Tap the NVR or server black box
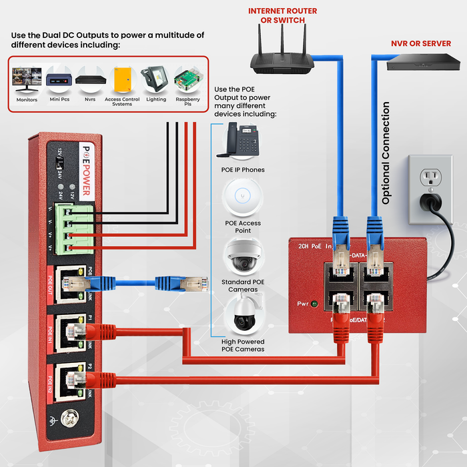click(424, 63)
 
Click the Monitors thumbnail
click(27, 79)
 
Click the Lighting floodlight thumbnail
click(156, 79)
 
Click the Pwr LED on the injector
click(314, 304)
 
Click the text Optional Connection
click(386, 153)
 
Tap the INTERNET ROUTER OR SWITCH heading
click(282, 15)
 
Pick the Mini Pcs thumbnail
click(59, 79)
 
